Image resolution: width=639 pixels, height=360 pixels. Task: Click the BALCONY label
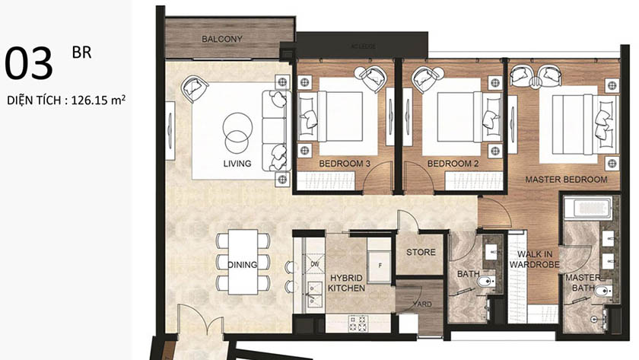click(222, 39)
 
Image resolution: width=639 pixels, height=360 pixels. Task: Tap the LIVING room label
click(237, 164)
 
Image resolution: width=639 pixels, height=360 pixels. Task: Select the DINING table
click(243, 262)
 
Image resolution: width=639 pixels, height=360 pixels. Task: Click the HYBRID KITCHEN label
click(346, 283)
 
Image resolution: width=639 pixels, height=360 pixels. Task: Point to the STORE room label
click(421, 252)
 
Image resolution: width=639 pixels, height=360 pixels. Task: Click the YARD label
click(422, 304)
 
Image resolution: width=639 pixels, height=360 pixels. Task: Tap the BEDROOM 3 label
click(345, 164)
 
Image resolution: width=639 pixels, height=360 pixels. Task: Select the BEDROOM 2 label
click(453, 164)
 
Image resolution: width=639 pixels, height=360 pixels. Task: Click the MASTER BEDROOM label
click(566, 180)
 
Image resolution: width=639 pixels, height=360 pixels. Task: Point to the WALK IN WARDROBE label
click(534, 260)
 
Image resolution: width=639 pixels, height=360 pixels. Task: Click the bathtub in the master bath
click(593, 208)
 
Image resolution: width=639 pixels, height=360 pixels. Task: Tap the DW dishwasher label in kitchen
click(315, 264)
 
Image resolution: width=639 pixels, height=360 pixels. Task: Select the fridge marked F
click(380, 266)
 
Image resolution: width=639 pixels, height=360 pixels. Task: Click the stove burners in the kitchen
click(358, 323)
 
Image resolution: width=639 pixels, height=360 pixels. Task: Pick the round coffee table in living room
click(237, 133)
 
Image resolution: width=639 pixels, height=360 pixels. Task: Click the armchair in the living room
click(195, 88)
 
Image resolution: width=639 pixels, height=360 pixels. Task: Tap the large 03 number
click(29, 63)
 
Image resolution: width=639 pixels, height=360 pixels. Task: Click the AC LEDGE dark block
click(361, 45)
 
